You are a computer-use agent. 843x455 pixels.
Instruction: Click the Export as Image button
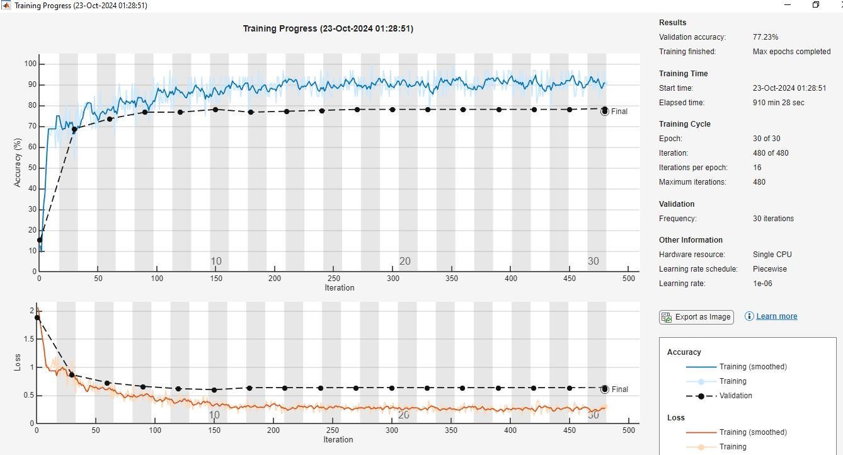point(696,317)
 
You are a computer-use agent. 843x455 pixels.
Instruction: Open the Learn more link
point(777,316)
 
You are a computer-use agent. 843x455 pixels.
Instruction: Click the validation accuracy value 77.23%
point(766,37)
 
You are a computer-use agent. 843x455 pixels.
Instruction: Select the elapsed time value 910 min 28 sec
point(779,102)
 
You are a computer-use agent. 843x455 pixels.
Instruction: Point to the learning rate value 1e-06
point(762,284)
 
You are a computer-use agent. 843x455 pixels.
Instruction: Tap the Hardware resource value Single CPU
point(772,255)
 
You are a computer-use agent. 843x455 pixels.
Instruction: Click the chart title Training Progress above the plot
point(328,28)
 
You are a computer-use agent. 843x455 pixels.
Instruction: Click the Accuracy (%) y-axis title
point(17,163)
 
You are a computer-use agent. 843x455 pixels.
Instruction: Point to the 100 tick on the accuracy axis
point(30,64)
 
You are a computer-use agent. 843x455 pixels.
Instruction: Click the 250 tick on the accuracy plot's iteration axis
point(333,279)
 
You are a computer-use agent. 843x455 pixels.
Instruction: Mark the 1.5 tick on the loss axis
point(29,338)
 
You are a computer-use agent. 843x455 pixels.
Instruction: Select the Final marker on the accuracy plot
point(604,111)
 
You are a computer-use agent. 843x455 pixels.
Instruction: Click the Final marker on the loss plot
point(604,389)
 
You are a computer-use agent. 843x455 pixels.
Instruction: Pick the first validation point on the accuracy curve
point(40,240)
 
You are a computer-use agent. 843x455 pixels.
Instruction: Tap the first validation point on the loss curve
point(37,318)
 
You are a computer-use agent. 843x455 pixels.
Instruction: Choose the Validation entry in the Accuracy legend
point(736,396)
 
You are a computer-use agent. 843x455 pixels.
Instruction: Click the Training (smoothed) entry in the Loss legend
point(753,432)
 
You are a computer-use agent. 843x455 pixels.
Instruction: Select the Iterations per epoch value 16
point(757,168)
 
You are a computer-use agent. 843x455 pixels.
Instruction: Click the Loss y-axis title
point(17,362)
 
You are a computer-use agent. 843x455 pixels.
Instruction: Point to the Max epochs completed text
point(791,52)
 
